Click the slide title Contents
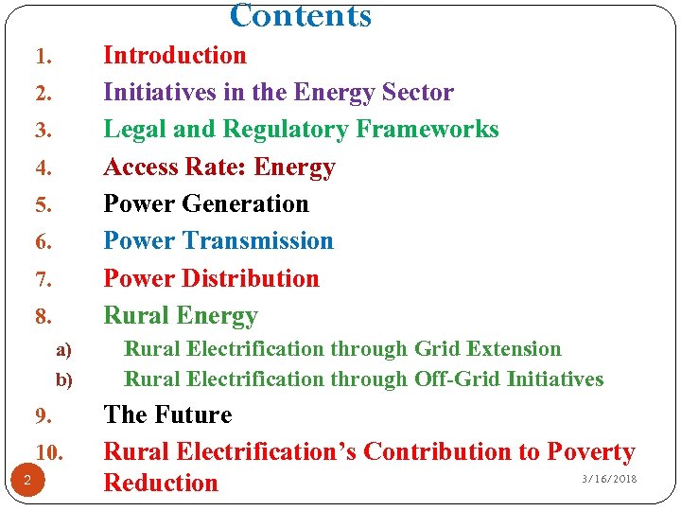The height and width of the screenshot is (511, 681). pos(301,15)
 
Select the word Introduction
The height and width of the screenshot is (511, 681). pos(175,56)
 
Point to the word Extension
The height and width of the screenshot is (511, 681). pos(511,349)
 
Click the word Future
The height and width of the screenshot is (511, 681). pos(196,415)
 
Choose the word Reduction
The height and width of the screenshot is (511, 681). pos(161,483)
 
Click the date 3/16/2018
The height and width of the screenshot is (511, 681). pos(609,479)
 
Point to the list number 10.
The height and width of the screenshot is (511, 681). pos(48,452)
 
